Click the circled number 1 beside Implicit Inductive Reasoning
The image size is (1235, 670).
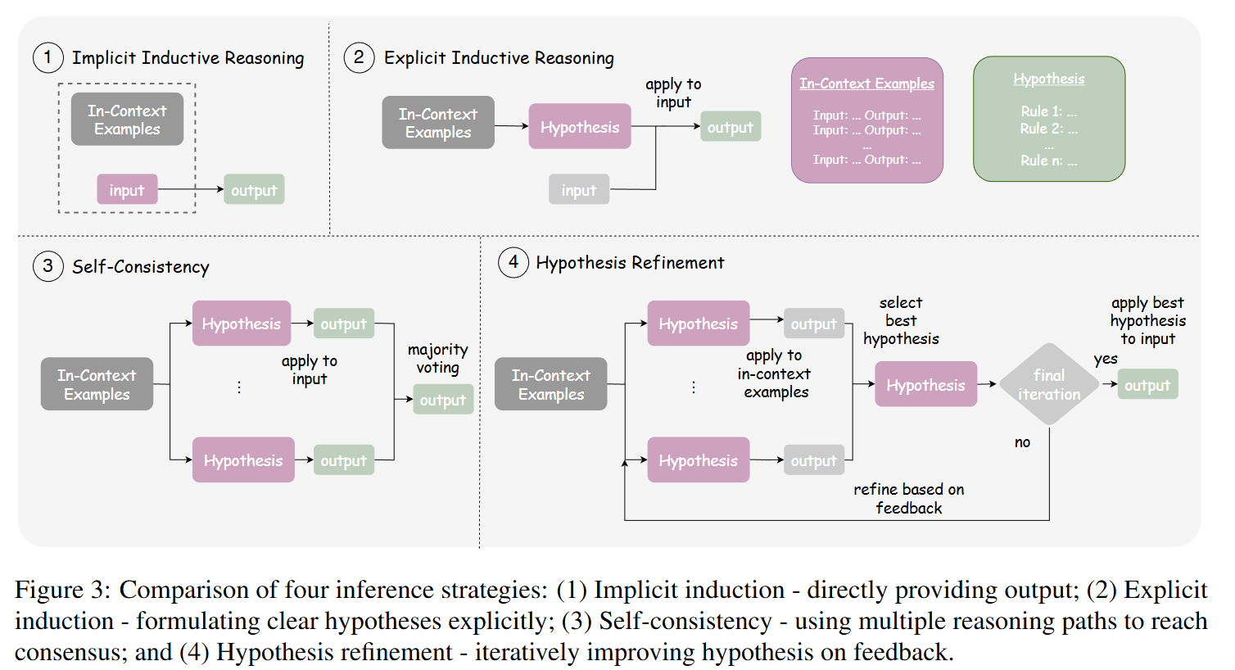(x=47, y=57)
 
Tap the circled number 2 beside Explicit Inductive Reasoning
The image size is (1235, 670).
(x=359, y=57)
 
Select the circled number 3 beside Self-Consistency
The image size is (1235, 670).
(x=47, y=266)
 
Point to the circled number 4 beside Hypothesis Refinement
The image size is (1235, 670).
(x=513, y=262)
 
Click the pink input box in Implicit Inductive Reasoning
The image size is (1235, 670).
(x=127, y=190)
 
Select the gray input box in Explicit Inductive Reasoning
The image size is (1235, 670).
(x=578, y=190)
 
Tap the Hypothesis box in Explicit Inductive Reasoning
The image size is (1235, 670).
(x=579, y=127)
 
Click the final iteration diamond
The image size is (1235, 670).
(x=1048, y=384)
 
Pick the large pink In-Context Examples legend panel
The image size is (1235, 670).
(x=866, y=120)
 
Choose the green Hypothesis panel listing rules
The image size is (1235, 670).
(x=1048, y=119)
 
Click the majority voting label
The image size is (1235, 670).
(x=437, y=359)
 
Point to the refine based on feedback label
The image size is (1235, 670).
(x=908, y=498)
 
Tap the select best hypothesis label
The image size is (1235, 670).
(x=901, y=320)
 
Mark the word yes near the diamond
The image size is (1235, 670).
(x=1105, y=359)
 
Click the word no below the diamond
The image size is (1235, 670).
(x=1022, y=442)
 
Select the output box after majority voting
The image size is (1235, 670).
(x=442, y=400)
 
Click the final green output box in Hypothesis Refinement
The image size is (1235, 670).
(x=1147, y=385)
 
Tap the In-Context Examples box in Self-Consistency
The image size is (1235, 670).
(x=97, y=384)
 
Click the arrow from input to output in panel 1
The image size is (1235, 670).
(x=190, y=189)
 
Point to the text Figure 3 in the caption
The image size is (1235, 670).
(x=61, y=590)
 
